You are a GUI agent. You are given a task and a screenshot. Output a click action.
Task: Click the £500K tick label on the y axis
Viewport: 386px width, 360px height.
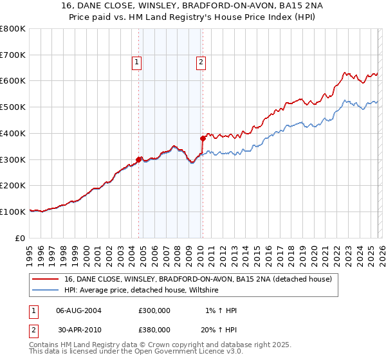point(14,107)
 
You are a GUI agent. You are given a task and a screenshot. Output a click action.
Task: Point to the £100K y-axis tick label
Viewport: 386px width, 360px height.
point(14,212)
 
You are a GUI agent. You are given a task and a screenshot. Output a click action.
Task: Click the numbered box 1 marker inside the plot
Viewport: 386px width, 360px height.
point(138,62)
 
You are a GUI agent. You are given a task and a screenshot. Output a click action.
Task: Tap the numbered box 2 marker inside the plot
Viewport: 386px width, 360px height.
point(201,62)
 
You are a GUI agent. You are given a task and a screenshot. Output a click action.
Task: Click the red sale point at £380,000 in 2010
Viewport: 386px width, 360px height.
point(203,138)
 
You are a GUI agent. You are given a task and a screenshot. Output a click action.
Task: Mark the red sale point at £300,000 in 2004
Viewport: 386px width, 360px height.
point(138,159)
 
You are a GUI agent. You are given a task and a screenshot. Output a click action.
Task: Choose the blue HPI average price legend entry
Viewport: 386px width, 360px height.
point(142,291)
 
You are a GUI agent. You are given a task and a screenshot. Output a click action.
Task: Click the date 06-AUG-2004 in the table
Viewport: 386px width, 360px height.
point(79,310)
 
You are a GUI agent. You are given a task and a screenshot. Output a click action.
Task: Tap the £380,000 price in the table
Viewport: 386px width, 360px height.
point(154,329)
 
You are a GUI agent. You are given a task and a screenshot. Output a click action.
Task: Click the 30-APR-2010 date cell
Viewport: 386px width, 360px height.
point(79,329)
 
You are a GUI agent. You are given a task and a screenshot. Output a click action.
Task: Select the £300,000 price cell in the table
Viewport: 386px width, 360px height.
point(154,310)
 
